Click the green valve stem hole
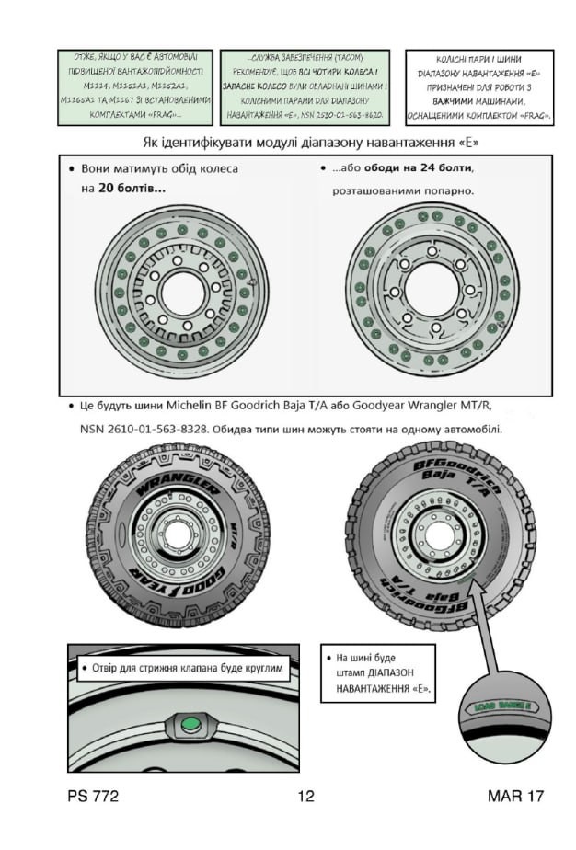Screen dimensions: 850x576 [x=191, y=725]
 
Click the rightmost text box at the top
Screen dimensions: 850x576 [x=479, y=87]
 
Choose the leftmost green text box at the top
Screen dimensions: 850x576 [x=134, y=87]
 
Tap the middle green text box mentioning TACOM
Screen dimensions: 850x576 [x=306, y=87]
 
